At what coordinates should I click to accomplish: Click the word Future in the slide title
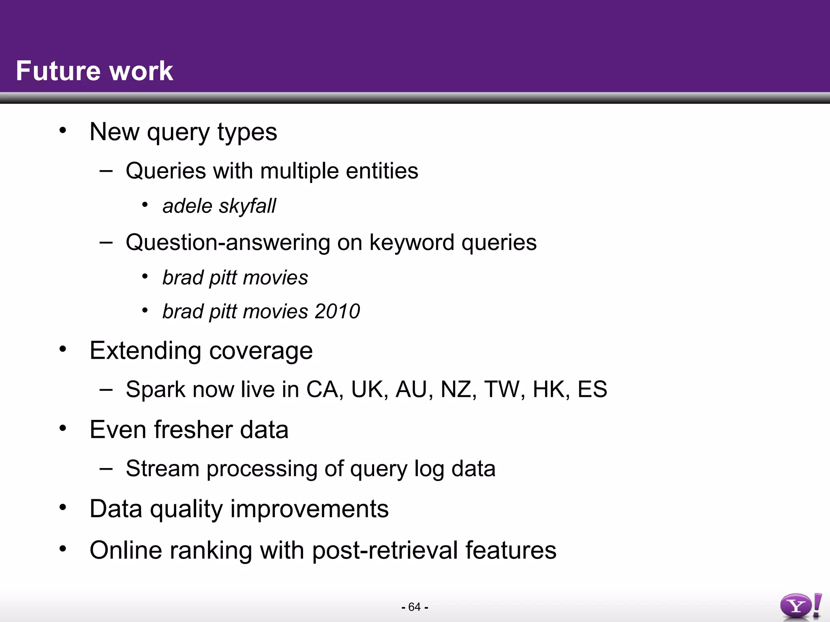pos(56,71)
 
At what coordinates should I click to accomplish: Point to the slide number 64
pos(415,607)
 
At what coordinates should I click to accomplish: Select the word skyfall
pos(248,206)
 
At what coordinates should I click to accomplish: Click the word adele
pos(187,206)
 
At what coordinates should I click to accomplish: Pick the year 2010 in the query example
pos(337,311)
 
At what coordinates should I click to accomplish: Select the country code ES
pos(592,389)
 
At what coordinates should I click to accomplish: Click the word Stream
pos(162,469)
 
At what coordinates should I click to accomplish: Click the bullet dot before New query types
pos(62,130)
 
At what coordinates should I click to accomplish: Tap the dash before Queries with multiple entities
pos(106,171)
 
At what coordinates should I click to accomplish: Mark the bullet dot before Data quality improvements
pos(62,507)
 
